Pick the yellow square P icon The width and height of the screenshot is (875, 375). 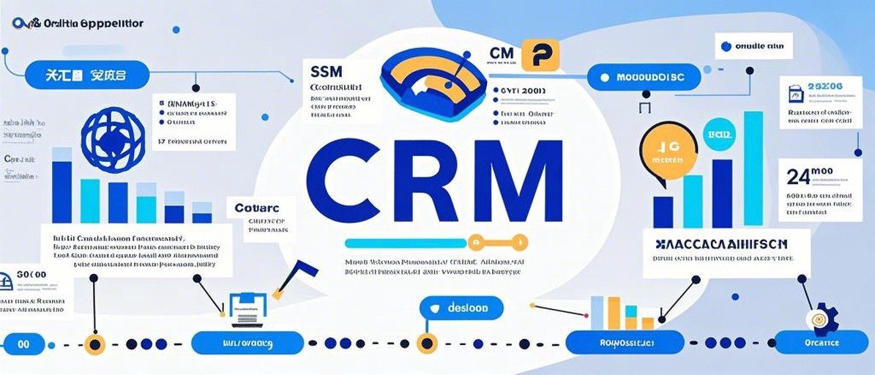[x=543, y=55]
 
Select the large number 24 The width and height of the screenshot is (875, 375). [x=800, y=177]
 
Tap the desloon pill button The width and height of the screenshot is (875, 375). [x=461, y=308]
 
